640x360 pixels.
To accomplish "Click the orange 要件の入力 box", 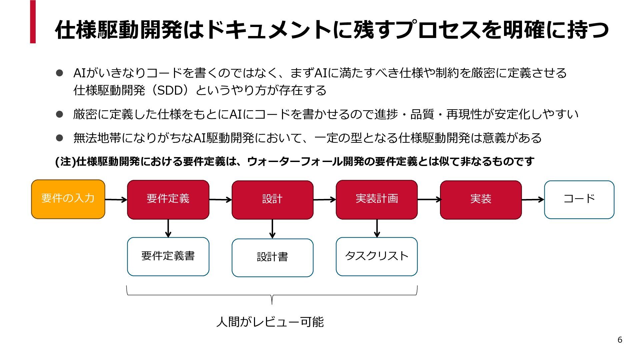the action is [x=68, y=199].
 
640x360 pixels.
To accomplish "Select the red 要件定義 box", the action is [x=168, y=200].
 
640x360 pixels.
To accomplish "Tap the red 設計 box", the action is [x=272, y=200].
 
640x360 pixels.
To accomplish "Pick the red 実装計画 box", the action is [x=377, y=200].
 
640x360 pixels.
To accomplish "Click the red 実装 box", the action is [x=481, y=200].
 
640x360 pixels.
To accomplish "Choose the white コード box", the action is [x=579, y=200].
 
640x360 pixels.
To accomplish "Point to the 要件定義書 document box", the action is [x=168, y=257].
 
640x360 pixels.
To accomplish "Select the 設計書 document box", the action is [x=272, y=258].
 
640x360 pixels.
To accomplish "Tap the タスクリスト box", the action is [x=377, y=257].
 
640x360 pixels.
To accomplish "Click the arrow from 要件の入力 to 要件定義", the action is [x=116, y=200].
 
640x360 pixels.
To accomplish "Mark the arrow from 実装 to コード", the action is [x=533, y=200].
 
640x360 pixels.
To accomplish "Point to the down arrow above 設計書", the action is [x=272, y=229].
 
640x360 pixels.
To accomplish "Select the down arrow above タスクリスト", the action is [x=377, y=228].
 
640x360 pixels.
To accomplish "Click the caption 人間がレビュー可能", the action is [x=270, y=322].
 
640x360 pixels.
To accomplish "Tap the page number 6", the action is [x=620, y=340].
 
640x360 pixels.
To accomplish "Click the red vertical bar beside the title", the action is [x=33, y=22].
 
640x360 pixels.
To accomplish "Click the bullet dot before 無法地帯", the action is [x=59, y=138].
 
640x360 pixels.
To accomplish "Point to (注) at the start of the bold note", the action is [x=66, y=162].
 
